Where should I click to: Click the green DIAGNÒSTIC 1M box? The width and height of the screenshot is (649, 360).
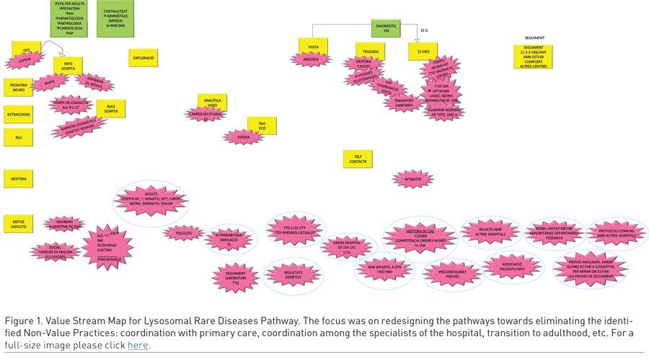coord(387,28)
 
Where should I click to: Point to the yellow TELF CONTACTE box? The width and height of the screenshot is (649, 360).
coord(358,158)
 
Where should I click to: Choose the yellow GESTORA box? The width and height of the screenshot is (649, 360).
coord(19,177)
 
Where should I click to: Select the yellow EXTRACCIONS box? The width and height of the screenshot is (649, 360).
coord(19,114)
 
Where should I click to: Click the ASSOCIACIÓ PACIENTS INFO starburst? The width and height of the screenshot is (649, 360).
coord(511,265)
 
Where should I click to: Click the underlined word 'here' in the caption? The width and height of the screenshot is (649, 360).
coord(138,345)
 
